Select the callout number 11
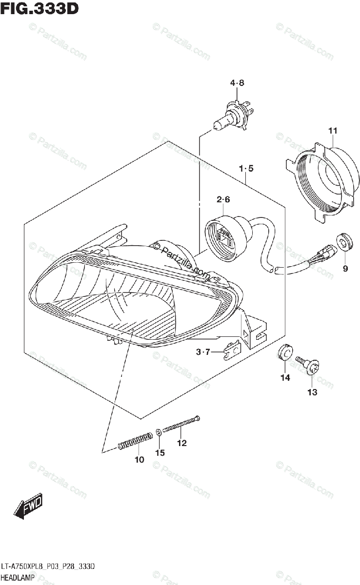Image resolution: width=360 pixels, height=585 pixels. pos(333,130)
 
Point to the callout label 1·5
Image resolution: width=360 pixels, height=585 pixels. pos(246,169)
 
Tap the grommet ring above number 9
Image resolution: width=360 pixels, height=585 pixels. pos(345,242)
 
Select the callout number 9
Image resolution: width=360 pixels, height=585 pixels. pos(345,268)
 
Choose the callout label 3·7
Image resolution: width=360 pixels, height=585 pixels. pos(203,351)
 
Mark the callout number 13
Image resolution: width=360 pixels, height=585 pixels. pos(312,392)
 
